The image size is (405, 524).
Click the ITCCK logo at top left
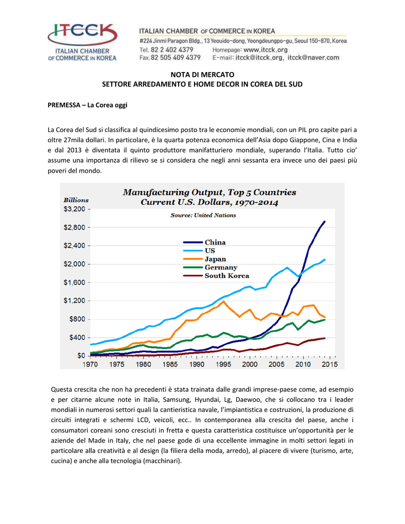tap(82, 42)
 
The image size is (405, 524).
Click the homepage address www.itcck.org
tap(265, 50)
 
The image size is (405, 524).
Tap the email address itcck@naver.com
tap(313, 57)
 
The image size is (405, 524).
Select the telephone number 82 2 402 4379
tap(172, 50)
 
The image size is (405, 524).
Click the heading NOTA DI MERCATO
tap(202, 75)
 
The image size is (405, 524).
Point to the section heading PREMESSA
tap(64, 105)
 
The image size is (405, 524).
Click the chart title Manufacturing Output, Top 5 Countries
tap(209, 192)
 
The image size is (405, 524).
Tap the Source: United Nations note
tap(203, 215)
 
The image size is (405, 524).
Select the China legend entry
tap(204, 242)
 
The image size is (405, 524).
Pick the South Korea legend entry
tap(216, 276)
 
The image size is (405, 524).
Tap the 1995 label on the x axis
tap(223, 364)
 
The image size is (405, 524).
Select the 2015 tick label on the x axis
tap(329, 364)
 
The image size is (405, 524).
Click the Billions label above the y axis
tap(76, 200)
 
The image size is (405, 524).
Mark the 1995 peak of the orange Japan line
tap(223, 301)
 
